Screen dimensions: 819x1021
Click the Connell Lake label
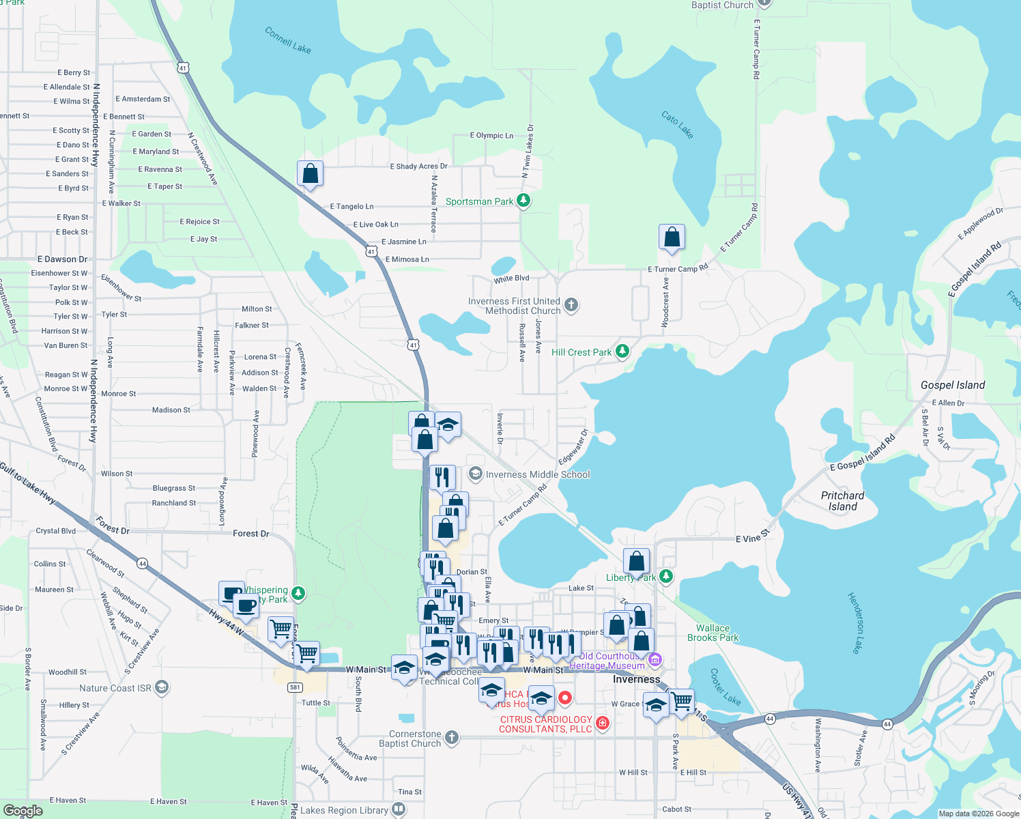coord(287,40)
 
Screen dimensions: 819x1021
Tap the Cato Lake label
coord(677,125)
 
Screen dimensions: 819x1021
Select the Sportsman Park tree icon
coord(523,201)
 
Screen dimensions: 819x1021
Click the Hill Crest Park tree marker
coord(622,351)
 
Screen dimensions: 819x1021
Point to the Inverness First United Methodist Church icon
coord(571,305)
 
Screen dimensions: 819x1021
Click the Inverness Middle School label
coord(537,474)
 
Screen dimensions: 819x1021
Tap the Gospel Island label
coord(952,385)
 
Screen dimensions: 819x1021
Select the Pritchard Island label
coord(842,501)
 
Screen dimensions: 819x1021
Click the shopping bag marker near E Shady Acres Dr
coord(310,175)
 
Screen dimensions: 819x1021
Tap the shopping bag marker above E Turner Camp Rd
coord(672,238)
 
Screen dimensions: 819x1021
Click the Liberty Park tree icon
coord(666,577)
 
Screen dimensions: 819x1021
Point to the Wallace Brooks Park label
coord(713,633)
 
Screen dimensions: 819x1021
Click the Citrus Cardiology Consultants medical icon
coord(602,723)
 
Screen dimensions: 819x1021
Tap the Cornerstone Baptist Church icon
coord(451,738)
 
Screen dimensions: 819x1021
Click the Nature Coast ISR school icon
coord(162,687)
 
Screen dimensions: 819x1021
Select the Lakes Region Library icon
coord(399,810)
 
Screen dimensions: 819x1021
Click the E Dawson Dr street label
coord(62,259)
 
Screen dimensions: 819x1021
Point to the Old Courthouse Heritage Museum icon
coord(655,659)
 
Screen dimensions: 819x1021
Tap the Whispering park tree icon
coord(298,593)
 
